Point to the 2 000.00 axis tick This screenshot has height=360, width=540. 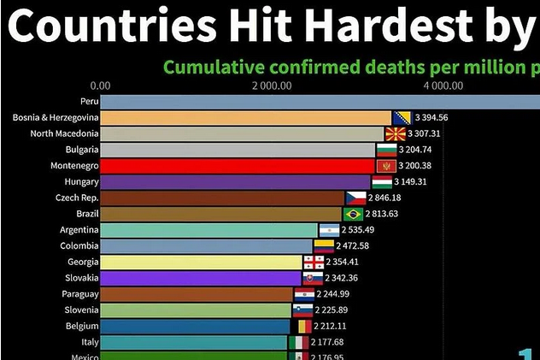pos(273,86)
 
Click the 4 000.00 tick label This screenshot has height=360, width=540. pos(443,86)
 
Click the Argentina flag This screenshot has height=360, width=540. pos(330,230)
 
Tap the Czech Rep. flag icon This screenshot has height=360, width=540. pos(355,198)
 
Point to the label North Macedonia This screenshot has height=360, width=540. pos(64,134)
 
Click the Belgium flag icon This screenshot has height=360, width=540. pos(303,326)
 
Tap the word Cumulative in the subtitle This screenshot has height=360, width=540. pos(213,66)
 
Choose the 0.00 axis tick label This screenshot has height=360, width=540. pos(100,86)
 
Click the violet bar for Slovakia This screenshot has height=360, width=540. pos(202,278)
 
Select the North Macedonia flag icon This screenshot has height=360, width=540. pos(395,134)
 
